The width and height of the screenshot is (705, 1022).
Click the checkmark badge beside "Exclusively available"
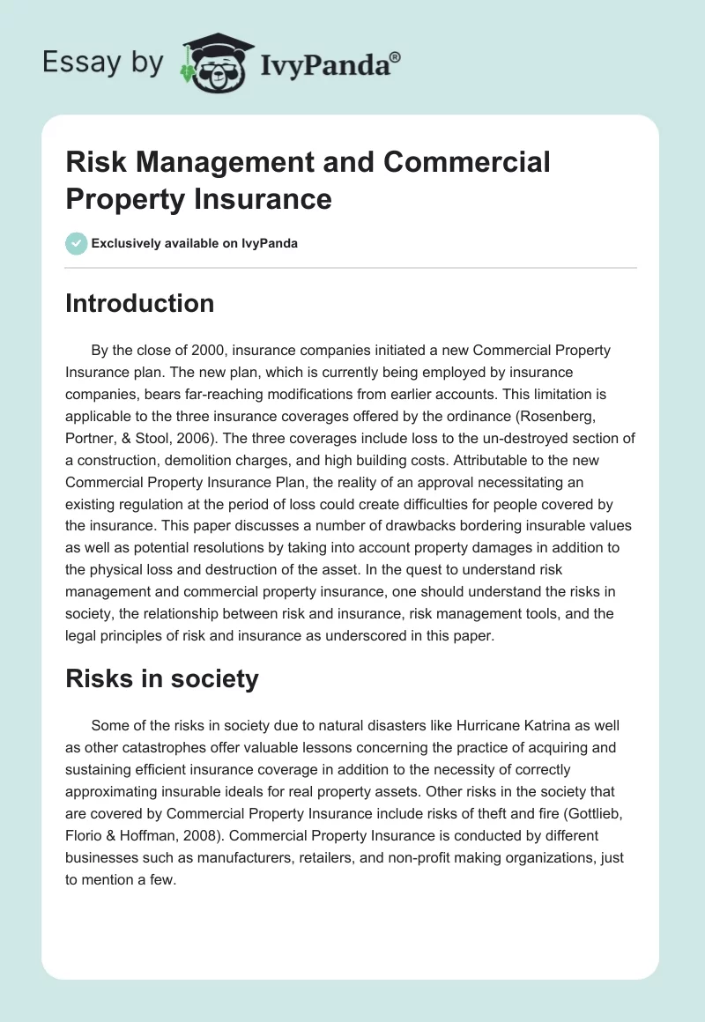click(76, 243)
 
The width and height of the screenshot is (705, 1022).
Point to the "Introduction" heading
click(140, 303)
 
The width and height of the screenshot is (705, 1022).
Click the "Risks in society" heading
click(161, 678)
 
